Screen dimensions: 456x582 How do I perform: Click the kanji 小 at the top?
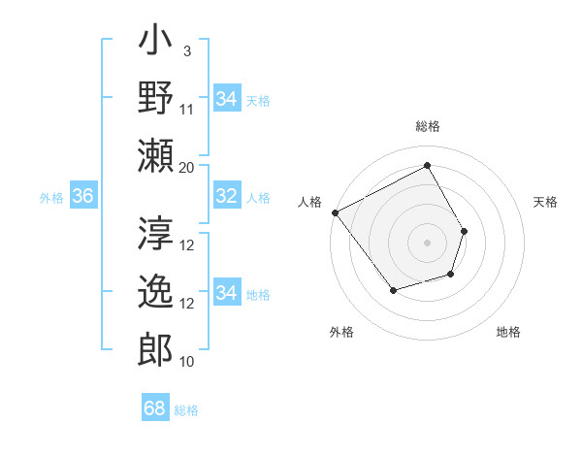click(x=156, y=44)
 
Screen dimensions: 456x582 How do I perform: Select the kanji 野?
click(x=156, y=98)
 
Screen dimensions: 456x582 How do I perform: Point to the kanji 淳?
click(x=156, y=234)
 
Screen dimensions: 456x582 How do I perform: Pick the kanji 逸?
click(x=156, y=292)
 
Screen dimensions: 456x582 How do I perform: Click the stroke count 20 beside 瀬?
click(x=187, y=167)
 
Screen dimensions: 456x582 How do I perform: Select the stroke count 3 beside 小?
click(x=186, y=50)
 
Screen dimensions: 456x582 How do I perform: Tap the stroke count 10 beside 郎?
click(x=187, y=362)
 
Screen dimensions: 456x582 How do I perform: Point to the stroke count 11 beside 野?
click(x=187, y=109)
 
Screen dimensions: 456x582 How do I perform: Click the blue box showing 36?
click(x=82, y=197)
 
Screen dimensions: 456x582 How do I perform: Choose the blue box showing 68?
click(x=155, y=408)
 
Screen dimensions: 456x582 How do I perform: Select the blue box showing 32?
click(x=226, y=197)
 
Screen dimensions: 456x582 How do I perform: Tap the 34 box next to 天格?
click(x=226, y=98)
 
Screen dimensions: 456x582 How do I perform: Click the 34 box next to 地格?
click(x=226, y=293)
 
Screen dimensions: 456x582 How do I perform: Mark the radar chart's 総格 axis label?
click(x=427, y=126)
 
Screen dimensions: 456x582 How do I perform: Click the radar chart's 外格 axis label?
click(x=341, y=332)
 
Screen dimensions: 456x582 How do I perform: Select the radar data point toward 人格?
click(x=335, y=212)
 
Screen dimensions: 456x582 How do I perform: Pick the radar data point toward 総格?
click(x=427, y=165)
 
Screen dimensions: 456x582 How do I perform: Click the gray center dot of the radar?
click(x=427, y=242)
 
